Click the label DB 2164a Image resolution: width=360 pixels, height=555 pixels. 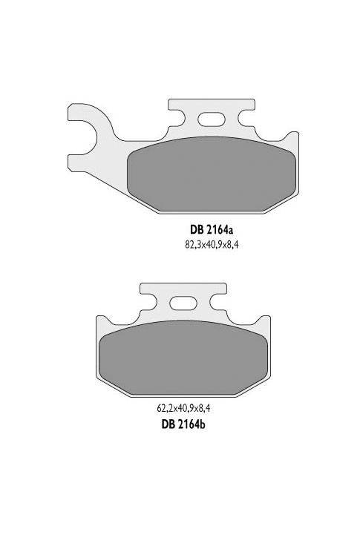212,230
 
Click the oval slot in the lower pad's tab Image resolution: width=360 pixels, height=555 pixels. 181,303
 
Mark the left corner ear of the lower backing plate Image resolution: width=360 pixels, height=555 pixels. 104,321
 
